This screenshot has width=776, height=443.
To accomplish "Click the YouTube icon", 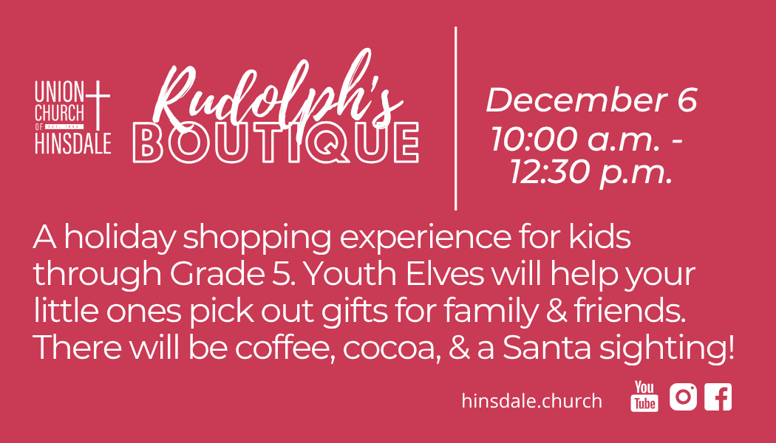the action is [x=644, y=396].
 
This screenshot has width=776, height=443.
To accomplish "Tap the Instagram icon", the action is [x=683, y=396].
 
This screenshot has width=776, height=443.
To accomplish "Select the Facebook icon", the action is [x=718, y=396].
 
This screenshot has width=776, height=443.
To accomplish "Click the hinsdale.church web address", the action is [x=531, y=400].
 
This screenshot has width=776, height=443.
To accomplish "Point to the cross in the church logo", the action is [x=98, y=105].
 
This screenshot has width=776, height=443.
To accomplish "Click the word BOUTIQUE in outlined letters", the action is [x=276, y=143].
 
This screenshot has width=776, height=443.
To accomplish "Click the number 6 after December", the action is [x=687, y=100].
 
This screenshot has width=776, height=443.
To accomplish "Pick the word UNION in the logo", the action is [x=59, y=92].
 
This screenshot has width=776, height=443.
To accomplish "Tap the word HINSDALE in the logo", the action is [x=72, y=143].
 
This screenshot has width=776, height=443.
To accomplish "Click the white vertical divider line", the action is [x=455, y=119].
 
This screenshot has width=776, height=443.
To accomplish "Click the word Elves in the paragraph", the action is [x=444, y=274].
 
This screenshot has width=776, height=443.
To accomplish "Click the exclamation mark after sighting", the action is [x=732, y=348].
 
